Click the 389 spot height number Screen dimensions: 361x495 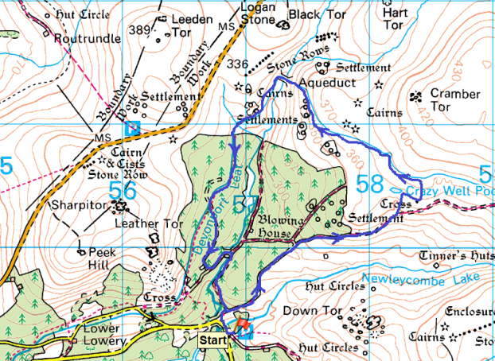(140, 29)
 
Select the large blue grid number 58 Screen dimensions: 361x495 (369, 184)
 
